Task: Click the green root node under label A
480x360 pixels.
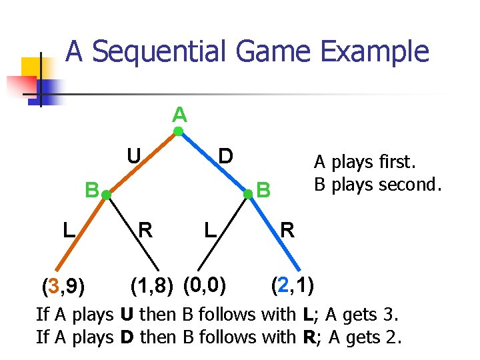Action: [x=179, y=132]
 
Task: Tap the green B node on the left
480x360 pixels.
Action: [x=105, y=195]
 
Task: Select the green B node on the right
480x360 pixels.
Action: [x=247, y=194]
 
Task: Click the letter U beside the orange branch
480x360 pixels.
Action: [x=134, y=156]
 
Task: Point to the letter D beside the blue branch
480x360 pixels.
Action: [x=226, y=156]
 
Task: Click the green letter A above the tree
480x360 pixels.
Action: [x=179, y=115]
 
